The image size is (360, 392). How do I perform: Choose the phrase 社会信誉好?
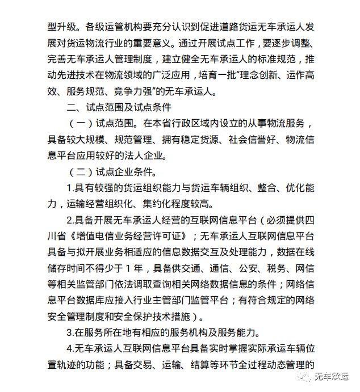[249, 139]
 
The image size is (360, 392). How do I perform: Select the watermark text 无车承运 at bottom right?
[336, 377]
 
